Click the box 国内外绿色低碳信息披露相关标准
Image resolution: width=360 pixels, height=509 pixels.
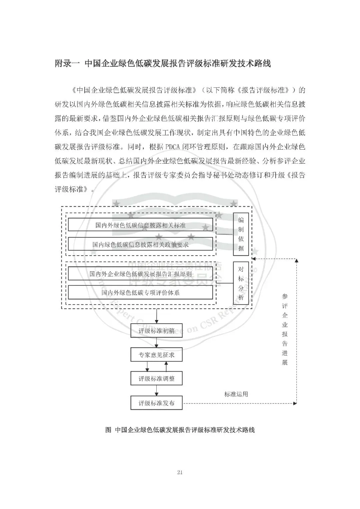[140, 225]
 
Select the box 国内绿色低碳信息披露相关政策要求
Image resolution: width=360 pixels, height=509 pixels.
[140, 244]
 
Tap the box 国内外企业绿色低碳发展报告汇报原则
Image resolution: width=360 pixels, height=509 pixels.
[140, 274]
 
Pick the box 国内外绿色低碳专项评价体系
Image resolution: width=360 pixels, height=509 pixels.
[140, 293]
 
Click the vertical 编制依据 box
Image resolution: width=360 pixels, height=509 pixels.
[241, 234]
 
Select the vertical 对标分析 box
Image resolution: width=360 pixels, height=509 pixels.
[241, 283]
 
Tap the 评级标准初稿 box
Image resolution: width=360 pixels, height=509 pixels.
[156, 331]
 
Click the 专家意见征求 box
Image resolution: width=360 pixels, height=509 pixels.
[156, 355]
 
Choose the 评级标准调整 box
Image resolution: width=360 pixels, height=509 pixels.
[156, 379]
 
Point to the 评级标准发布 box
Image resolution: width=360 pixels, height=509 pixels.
[156, 403]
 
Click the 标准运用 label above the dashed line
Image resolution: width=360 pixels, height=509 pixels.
[236, 394]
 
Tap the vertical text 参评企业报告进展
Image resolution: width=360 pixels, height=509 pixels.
[285, 329]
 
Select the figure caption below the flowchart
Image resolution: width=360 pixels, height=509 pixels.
[180, 430]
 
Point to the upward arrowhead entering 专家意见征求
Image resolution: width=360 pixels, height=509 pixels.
[166, 364]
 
